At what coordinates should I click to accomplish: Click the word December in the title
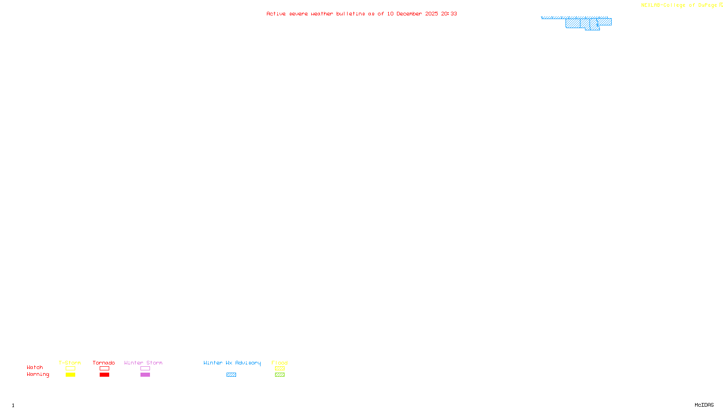click(x=409, y=14)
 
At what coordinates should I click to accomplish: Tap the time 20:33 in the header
click(x=449, y=14)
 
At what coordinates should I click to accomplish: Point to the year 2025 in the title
click(x=431, y=14)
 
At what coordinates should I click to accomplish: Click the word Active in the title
click(x=276, y=14)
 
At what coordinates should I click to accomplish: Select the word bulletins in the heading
click(x=350, y=14)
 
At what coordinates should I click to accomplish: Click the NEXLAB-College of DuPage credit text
click(x=679, y=5)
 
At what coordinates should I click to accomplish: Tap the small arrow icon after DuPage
click(x=721, y=5)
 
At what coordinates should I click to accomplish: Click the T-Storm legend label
click(x=70, y=363)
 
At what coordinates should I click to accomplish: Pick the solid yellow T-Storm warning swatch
click(x=70, y=375)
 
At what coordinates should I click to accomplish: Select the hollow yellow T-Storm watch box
click(x=70, y=369)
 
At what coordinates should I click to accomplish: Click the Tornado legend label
click(x=104, y=363)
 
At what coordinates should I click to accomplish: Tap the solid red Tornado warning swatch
click(x=105, y=375)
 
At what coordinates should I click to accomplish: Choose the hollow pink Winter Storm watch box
click(x=145, y=369)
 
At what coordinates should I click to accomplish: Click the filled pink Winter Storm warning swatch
click(x=145, y=375)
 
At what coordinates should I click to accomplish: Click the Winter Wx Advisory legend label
click(x=232, y=363)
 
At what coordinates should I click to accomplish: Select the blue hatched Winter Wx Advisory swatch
click(x=231, y=375)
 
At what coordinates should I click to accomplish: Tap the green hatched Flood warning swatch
click(x=280, y=375)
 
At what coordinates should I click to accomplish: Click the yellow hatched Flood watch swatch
click(x=280, y=369)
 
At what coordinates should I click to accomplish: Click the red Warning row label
click(x=38, y=374)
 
